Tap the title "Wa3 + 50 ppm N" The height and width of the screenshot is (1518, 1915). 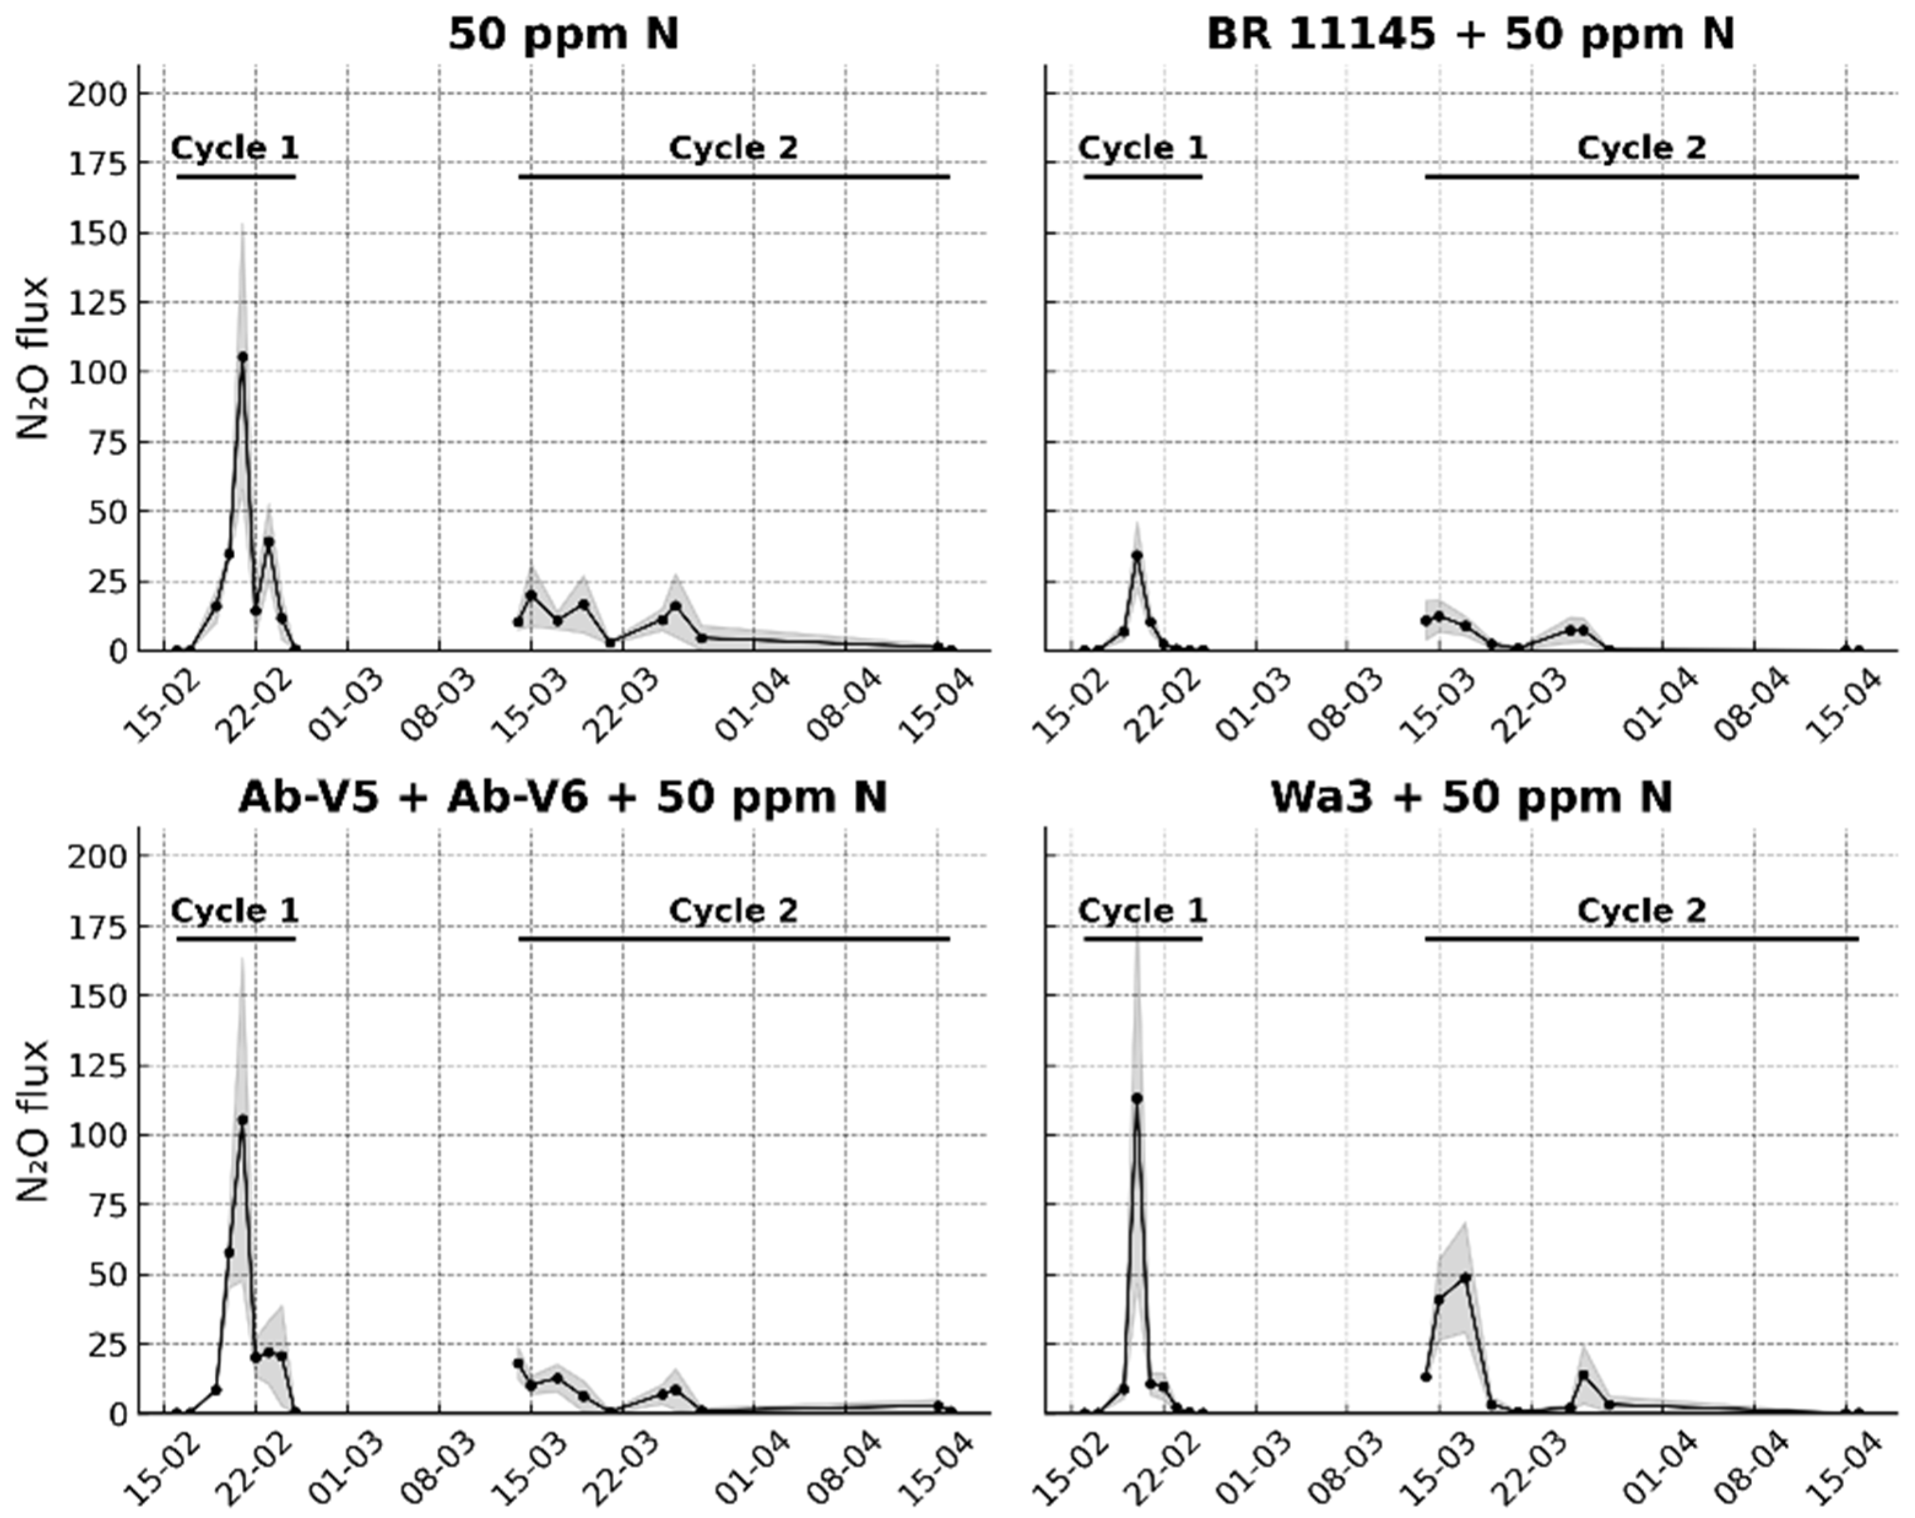coord(1472,797)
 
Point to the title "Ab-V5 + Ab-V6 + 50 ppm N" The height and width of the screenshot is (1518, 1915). coord(563,797)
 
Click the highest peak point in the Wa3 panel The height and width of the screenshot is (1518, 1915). coord(1136,1098)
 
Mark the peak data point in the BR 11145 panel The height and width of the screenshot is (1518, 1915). coord(1136,555)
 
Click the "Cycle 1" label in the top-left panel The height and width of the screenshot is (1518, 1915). coord(235,148)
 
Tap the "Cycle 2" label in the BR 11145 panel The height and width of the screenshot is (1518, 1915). coord(1642,148)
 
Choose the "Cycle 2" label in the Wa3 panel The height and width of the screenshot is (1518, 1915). coord(1642,910)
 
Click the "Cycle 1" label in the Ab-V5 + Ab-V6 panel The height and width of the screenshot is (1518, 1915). coord(235,910)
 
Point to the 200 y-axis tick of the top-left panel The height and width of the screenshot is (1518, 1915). coord(97,93)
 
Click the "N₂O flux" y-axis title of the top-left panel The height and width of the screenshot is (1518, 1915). coord(34,358)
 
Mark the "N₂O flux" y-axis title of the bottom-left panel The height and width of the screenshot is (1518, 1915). coord(34,1121)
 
